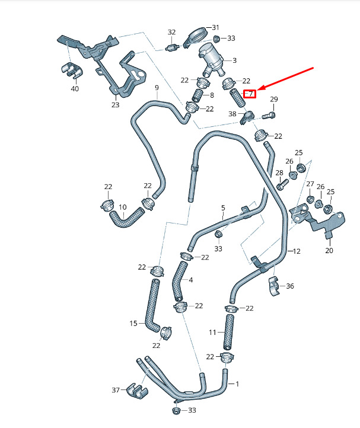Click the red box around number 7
tap(250, 94)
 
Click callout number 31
tap(216, 27)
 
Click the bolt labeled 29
tap(269, 116)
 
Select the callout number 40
tap(75, 89)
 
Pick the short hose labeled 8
tap(197, 95)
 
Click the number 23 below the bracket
tap(115, 104)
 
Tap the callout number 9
tap(157, 88)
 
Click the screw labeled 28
tap(282, 184)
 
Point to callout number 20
tap(329, 250)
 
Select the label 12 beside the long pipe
tap(297, 251)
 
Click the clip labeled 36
tap(275, 286)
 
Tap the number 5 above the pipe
tap(223, 207)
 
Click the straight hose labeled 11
tap(229, 332)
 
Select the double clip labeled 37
tap(138, 390)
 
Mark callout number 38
tap(232, 114)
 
